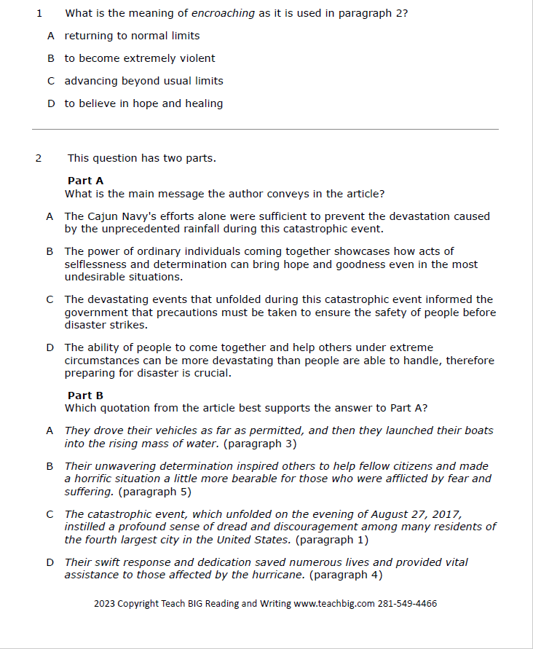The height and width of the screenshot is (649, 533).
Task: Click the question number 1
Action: [39, 13]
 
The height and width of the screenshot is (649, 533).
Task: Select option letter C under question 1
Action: [51, 81]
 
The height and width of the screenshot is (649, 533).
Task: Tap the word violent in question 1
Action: [197, 58]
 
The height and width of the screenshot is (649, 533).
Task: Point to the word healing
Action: [205, 103]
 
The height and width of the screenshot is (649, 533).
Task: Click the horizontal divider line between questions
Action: [265, 129]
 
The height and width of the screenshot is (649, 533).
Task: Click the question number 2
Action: [39, 158]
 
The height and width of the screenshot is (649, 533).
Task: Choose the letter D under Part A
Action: [50, 347]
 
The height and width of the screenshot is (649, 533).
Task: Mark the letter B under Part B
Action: [50, 466]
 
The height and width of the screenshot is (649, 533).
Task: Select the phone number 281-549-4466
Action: [407, 604]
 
